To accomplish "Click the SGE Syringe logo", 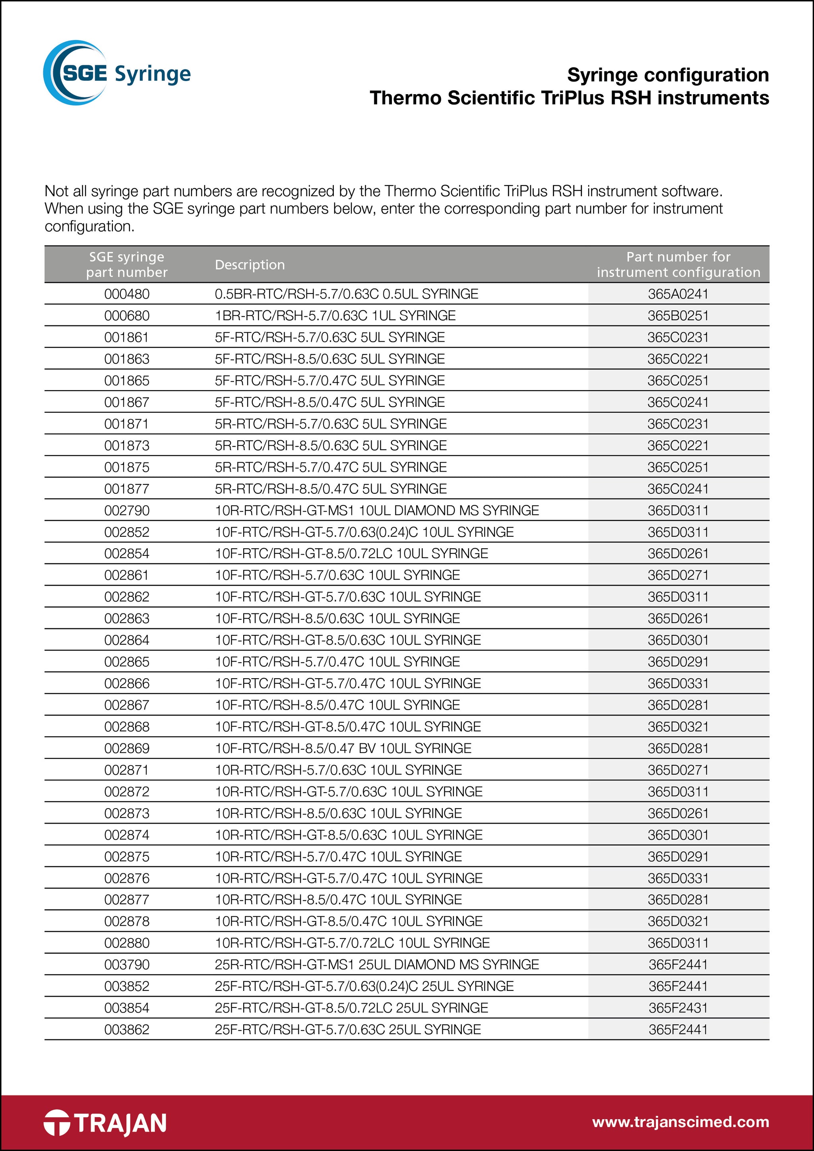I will [117, 73].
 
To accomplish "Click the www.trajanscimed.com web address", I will [680, 1122].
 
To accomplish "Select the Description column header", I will [250, 265].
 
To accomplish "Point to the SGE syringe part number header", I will [127, 264].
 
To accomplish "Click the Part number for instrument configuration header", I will [678, 264].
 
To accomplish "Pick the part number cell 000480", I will [127, 294].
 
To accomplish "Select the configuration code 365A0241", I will [678, 294].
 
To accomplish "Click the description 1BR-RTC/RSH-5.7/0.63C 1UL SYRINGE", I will [335, 315].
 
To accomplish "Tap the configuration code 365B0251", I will [678, 315].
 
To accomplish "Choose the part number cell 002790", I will [127, 510].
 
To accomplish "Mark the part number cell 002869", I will [127, 748].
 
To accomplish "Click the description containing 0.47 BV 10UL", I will [343, 748].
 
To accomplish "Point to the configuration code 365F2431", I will [678, 1008].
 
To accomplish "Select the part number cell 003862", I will [127, 1029].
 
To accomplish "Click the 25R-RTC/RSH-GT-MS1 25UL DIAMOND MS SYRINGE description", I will [377, 965].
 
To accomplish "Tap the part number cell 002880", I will [127, 942].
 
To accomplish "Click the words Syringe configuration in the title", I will [668, 75].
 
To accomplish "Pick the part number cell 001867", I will [127, 402].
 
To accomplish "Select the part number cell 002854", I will [127, 553].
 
